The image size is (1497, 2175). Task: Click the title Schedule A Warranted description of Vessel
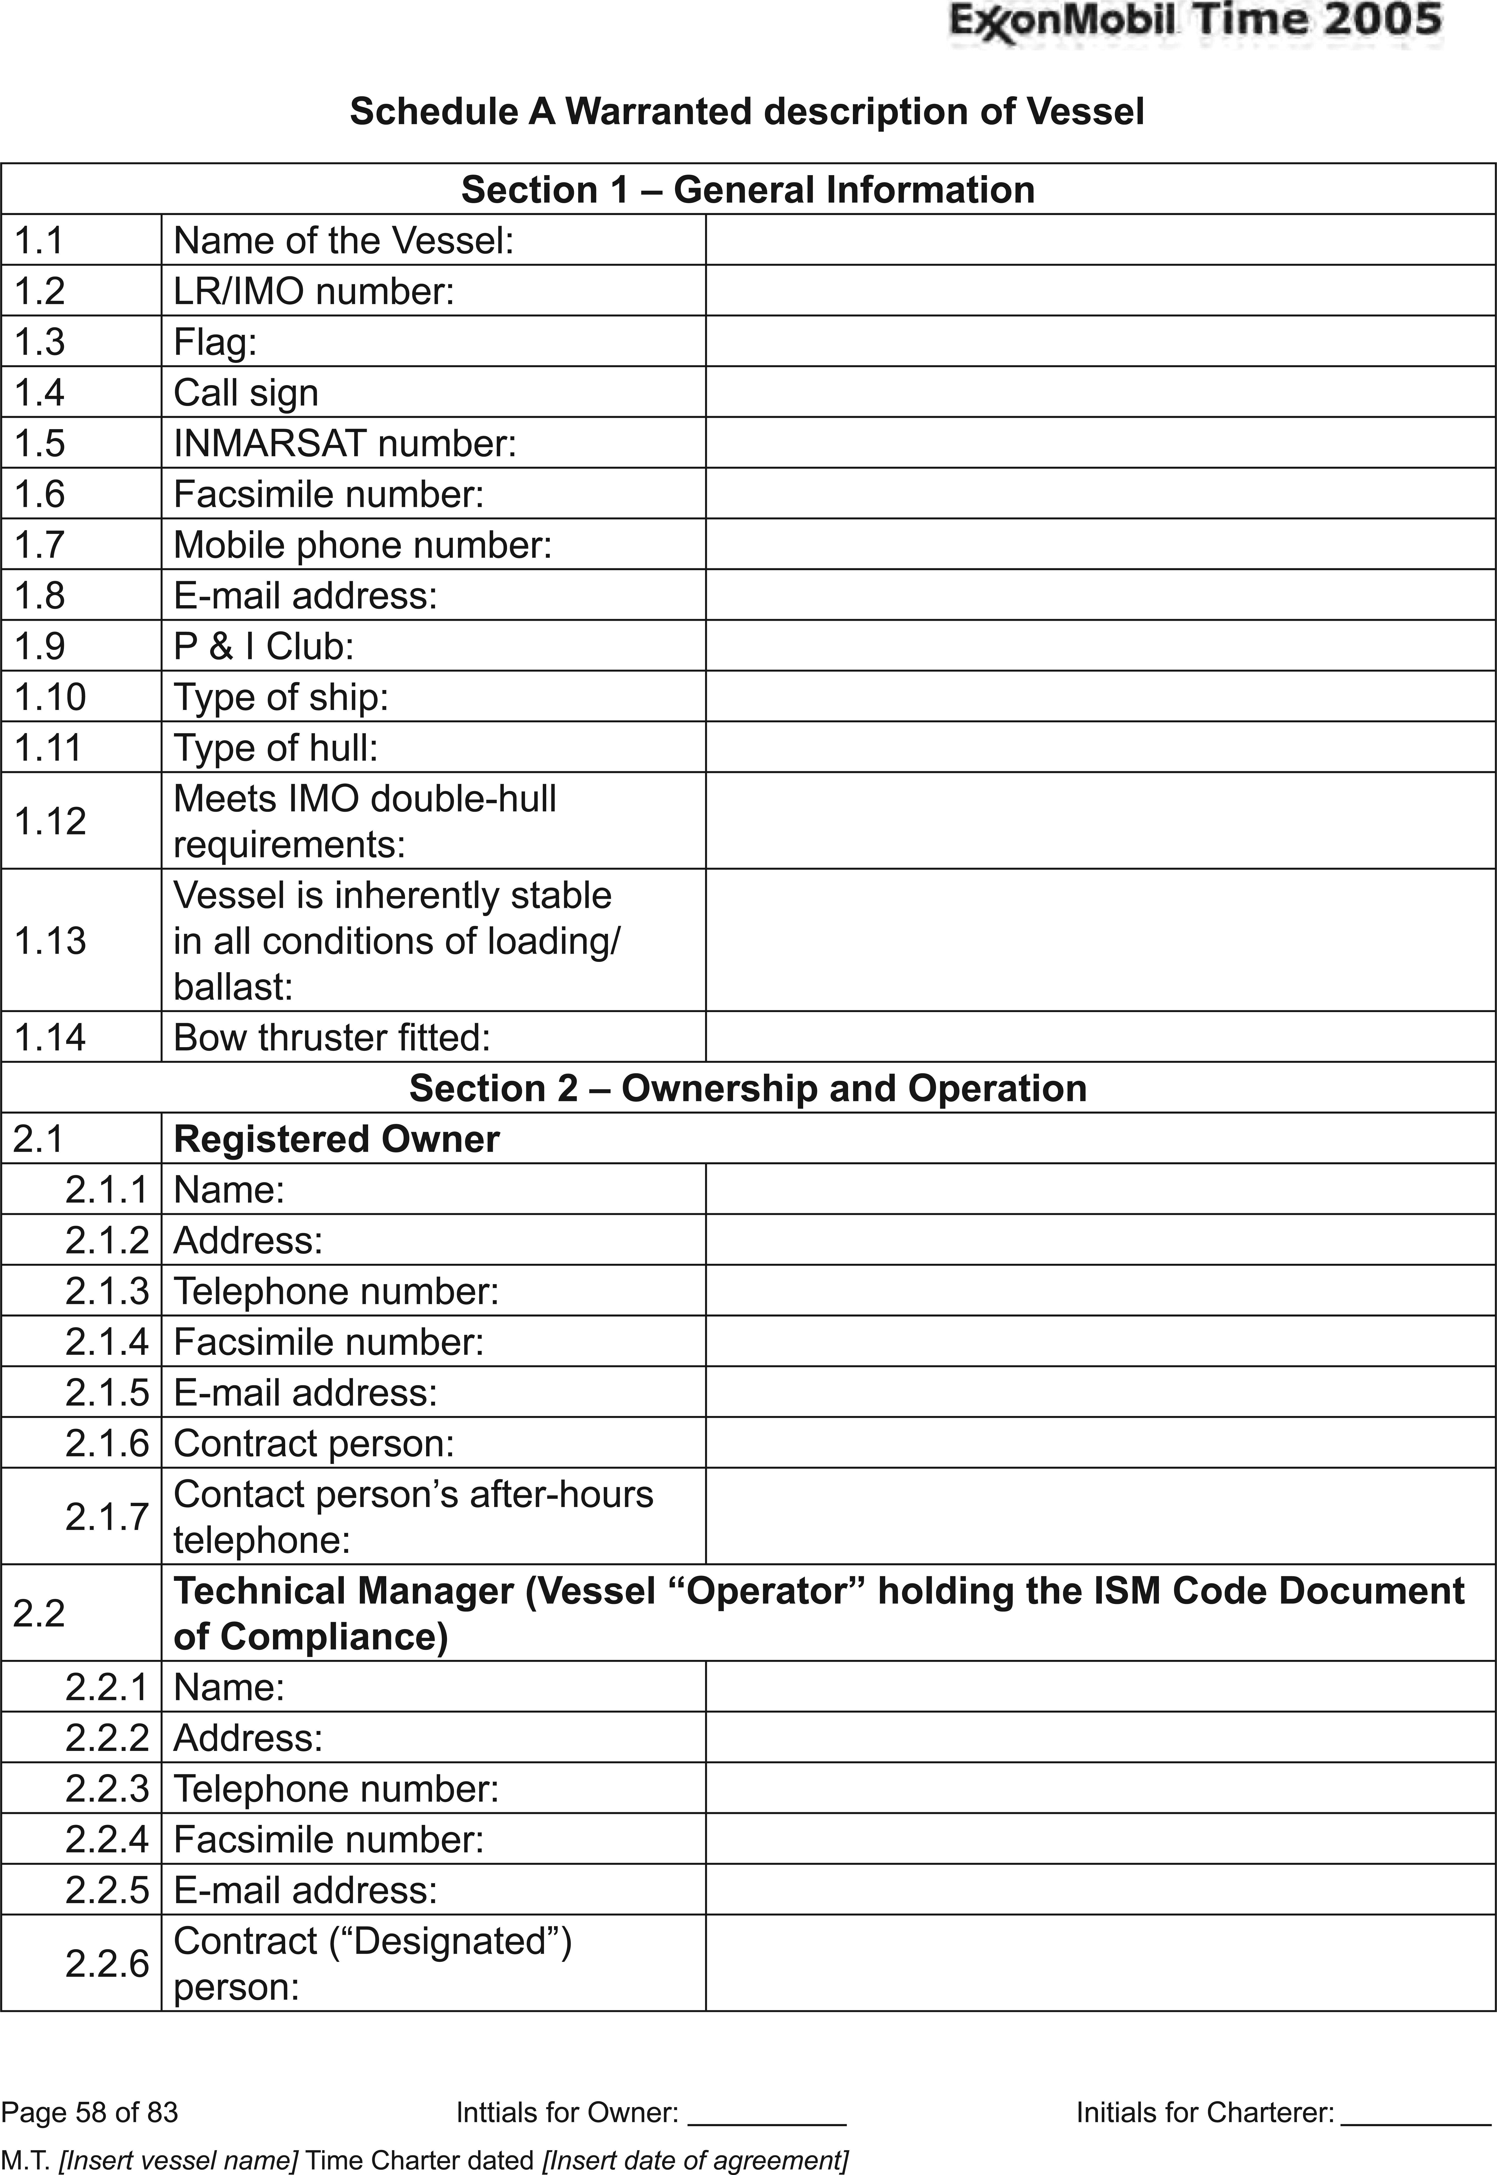coord(747,112)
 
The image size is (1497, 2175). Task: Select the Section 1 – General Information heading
coord(747,189)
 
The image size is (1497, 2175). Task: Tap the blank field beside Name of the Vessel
coord(1099,240)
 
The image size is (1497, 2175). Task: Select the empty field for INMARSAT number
coord(1099,443)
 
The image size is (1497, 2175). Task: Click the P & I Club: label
coord(264,646)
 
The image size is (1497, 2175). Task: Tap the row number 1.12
coord(50,821)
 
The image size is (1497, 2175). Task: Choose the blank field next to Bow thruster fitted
coord(1099,1036)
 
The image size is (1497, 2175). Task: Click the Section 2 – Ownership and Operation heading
coord(747,1088)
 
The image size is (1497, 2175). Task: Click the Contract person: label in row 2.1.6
coord(313,1443)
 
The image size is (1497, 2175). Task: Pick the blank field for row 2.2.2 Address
coord(1099,1737)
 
